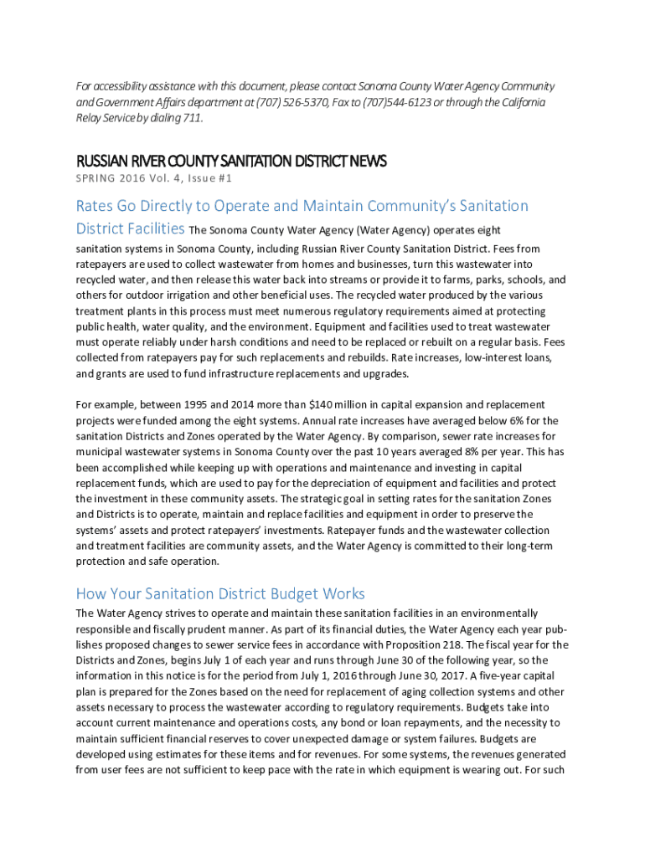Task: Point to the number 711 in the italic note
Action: click(x=192, y=117)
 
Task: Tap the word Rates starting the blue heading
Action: click(x=96, y=206)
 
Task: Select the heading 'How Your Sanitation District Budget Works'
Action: click(x=220, y=594)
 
